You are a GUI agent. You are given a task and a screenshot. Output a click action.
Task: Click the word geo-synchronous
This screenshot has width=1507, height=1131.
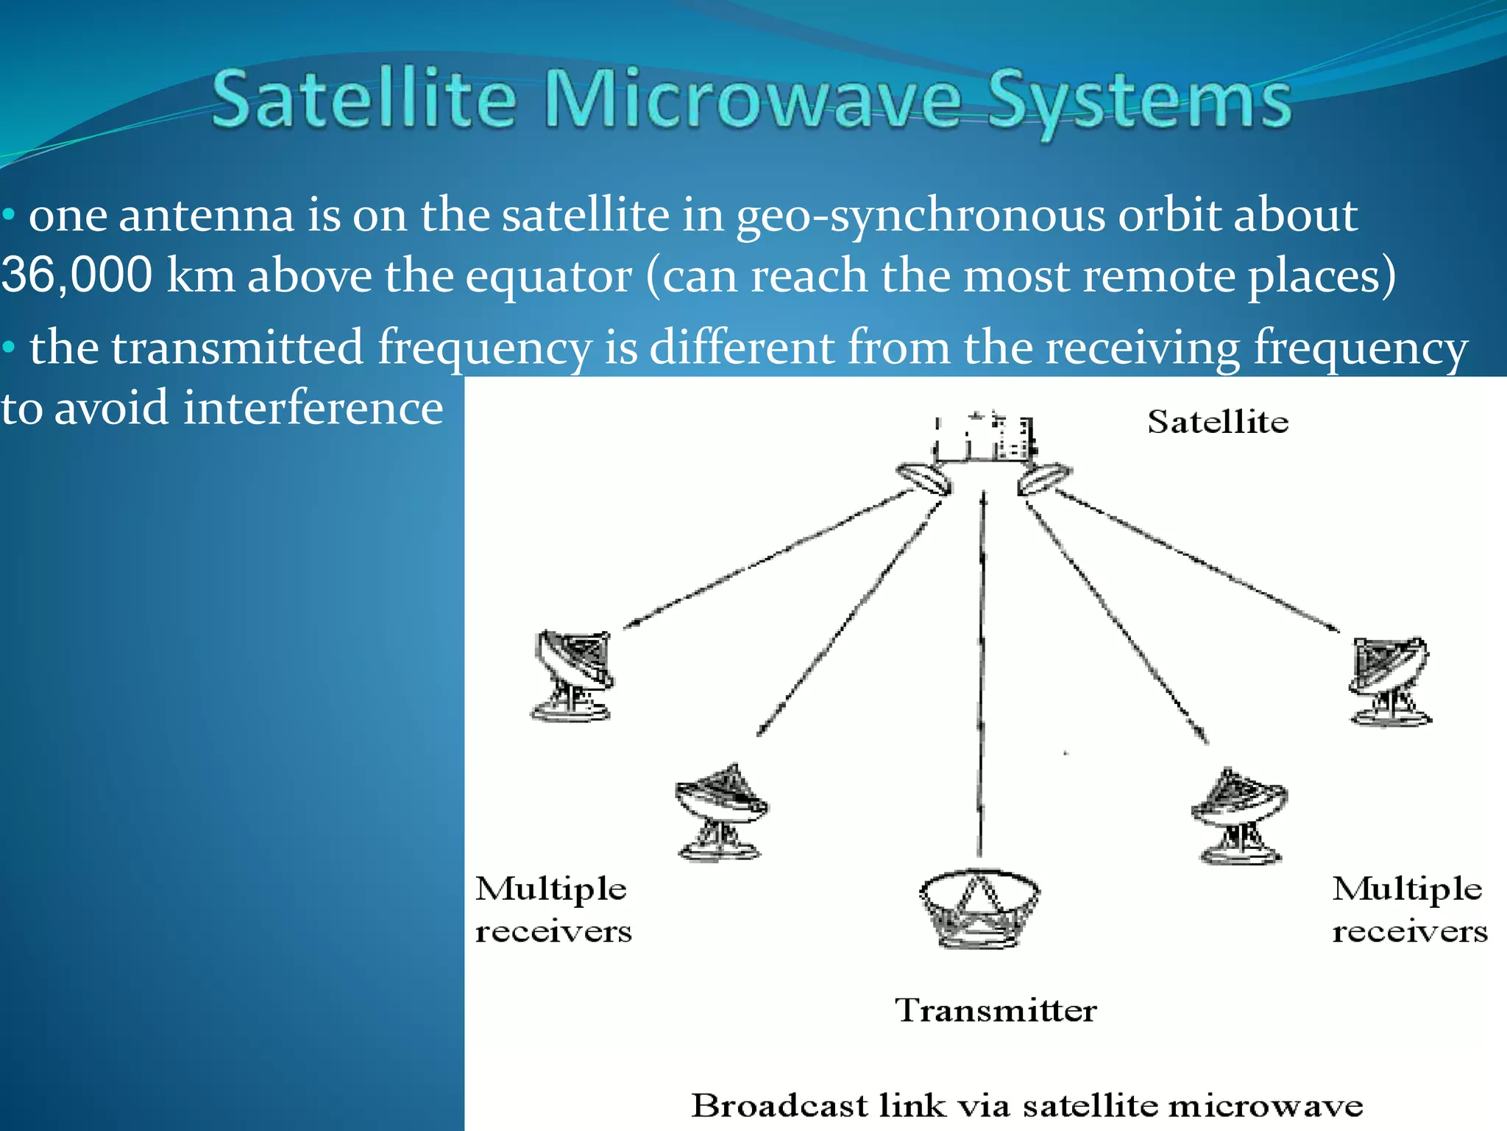coord(920,216)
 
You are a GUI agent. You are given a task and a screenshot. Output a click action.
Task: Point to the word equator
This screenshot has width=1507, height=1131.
coord(548,276)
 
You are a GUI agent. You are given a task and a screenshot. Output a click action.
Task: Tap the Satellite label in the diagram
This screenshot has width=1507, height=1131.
coord(1218,422)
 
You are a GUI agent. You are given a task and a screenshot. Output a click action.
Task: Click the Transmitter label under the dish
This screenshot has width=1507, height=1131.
coord(996,1010)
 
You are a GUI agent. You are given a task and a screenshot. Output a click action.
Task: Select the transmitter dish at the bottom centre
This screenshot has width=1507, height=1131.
coord(979,909)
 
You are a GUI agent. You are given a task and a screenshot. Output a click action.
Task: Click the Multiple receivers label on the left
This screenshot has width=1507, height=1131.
coord(553,909)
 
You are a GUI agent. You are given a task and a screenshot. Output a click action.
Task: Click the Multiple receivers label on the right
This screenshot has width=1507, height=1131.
coord(1409,909)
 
